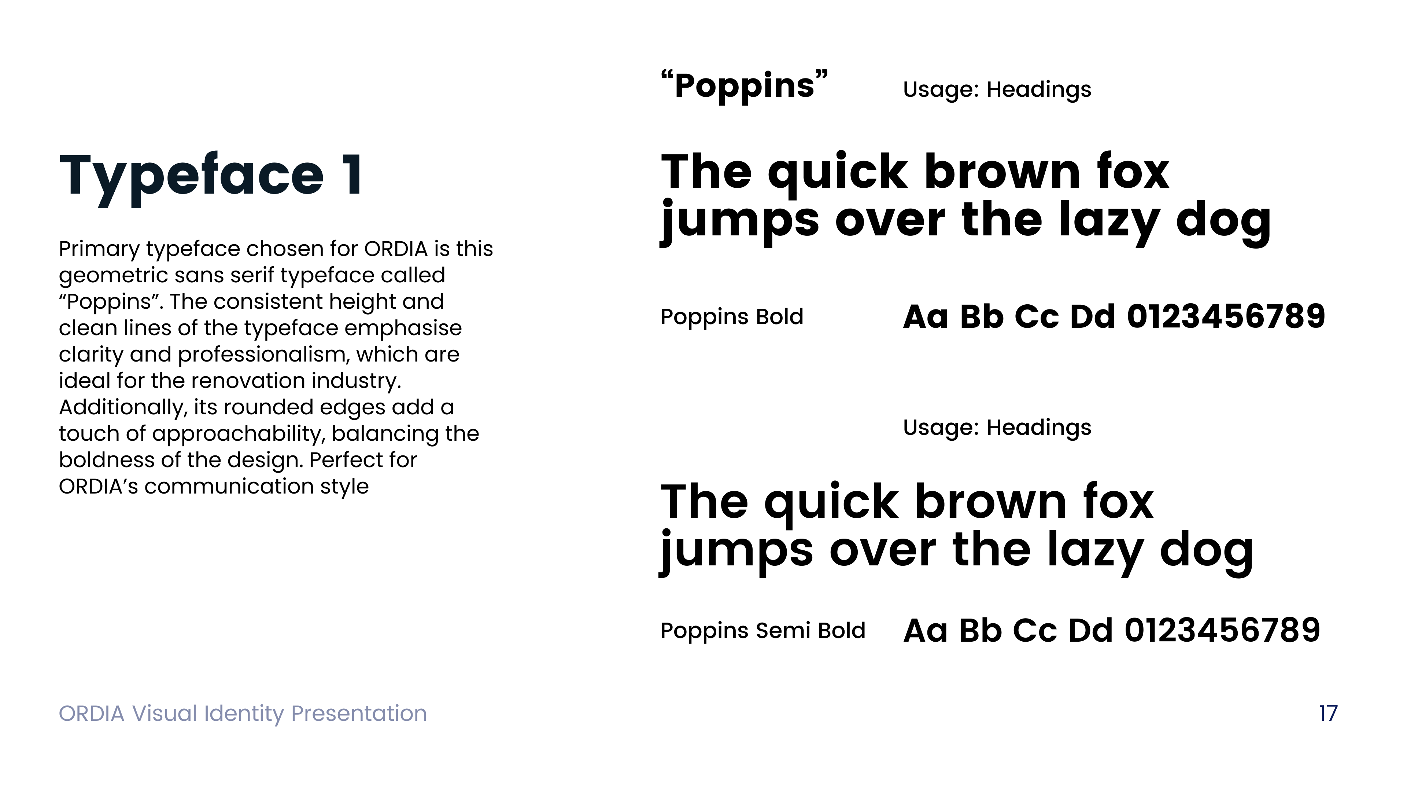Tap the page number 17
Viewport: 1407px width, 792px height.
[1328, 713]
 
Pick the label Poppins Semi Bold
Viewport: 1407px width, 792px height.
[762, 631]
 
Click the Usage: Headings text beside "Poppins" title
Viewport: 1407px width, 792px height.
[997, 89]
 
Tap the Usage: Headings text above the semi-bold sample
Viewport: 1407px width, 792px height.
[997, 428]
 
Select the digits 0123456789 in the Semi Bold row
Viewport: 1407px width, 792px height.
[1222, 630]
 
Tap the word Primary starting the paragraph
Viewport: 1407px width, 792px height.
[99, 249]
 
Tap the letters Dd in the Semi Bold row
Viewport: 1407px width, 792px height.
[1090, 630]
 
